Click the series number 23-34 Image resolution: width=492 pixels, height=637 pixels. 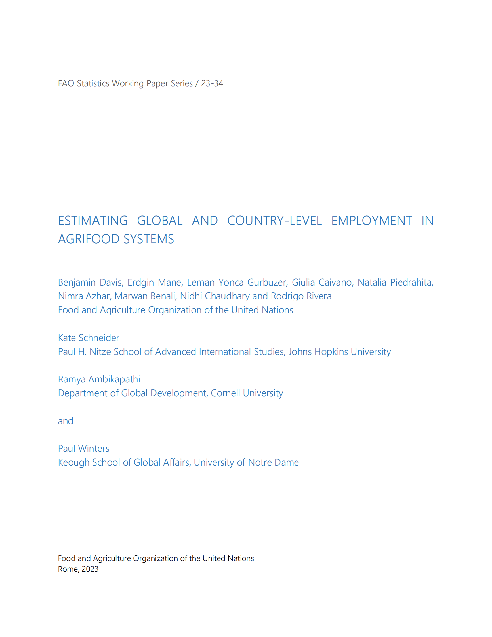pos(212,83)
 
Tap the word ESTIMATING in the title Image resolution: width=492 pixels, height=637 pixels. pos(93,221)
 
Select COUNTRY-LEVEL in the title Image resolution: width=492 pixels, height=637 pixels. pos(274,221)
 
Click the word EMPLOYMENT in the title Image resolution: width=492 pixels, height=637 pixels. pos(372,221)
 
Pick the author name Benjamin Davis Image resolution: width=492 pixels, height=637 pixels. pos(91,282)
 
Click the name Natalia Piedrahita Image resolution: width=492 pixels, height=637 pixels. pos(395,282)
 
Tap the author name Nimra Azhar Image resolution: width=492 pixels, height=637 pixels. pos(84,296)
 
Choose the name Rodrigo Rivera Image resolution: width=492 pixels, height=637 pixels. pos(301,296)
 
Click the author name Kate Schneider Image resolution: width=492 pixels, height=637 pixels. pos(89,338)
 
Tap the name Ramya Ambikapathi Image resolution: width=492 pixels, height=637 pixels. pos(99,379)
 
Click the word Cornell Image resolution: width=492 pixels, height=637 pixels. pos(225,393)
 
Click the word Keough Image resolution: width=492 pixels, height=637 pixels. pos(74,463)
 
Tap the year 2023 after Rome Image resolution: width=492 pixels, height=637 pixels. pos(90,569)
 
